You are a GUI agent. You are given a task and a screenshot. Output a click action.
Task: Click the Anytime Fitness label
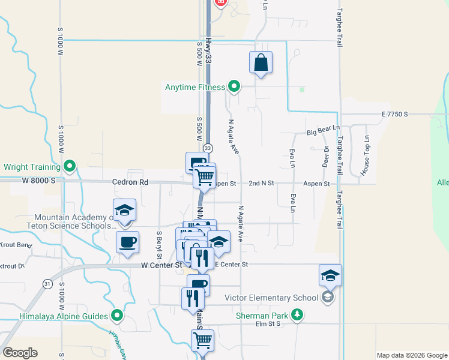click(195, 88)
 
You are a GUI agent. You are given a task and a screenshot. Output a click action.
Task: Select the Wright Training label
click(32, 167)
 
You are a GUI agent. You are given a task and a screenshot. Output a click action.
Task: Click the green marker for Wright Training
click(70, 166)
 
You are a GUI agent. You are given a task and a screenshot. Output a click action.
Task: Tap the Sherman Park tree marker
click(297, 314)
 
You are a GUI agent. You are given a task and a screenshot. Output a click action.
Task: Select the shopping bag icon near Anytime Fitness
click(261, 62)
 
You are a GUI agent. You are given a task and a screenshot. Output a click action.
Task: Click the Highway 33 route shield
click(208, 148)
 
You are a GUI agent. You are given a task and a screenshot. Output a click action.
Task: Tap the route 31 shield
click(47, 283)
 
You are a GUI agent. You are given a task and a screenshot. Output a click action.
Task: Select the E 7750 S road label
click(394, 114)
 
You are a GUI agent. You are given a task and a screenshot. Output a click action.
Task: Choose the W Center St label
click(161, 265)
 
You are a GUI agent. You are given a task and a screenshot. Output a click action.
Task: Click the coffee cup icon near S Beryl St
click(127, 242)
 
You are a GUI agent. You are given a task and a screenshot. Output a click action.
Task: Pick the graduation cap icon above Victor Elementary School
click(331, 275)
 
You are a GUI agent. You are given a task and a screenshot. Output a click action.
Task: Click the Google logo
click(20, 353)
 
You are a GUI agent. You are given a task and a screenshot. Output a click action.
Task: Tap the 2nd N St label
click(261, 183)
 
